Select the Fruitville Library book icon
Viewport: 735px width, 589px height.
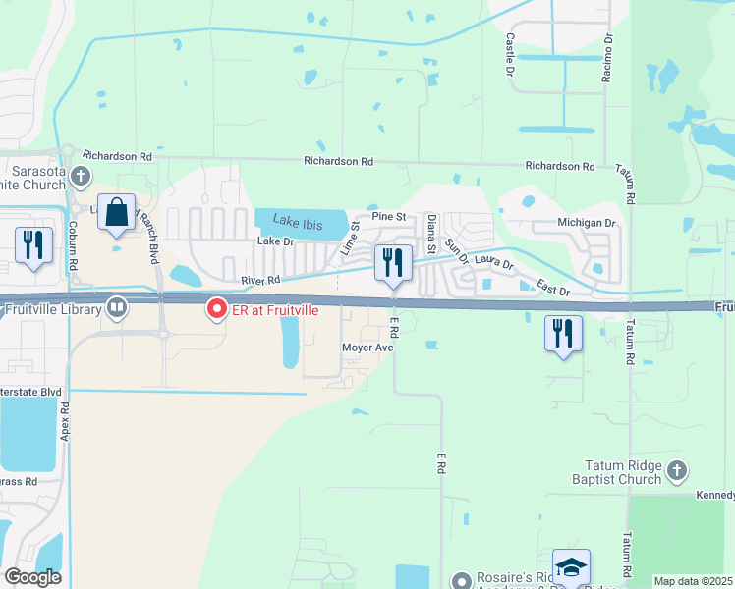pyautogui.click(x=118, y=309)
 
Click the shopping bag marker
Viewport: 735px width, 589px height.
pyautogui.click(x=117, y=213)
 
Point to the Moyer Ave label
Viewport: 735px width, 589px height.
pyautogui.click(x=367, y=348)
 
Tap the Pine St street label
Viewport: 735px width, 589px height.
pyautogui.click(x=388, y=216)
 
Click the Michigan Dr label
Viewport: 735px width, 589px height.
pyautogui.click(x=586, y=224)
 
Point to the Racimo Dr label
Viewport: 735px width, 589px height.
pyautogui.click(x=608, y=58)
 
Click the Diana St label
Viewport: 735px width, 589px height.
pyautogui.click(x=430, y=237)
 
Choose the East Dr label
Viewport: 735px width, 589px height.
pyautogui.click(x=553, y=286)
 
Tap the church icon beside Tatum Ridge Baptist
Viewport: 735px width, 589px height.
pyautogui.click(x=675, y=472)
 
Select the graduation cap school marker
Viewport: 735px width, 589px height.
pyautogui.click(x=571, y=566)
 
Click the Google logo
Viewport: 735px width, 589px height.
pyautogui.click(x=32, y=577)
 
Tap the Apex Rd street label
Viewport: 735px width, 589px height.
pyautogui.click(x=65, y=420)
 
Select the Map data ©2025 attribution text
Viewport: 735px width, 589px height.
pyautogui.click(x=693, y=581)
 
